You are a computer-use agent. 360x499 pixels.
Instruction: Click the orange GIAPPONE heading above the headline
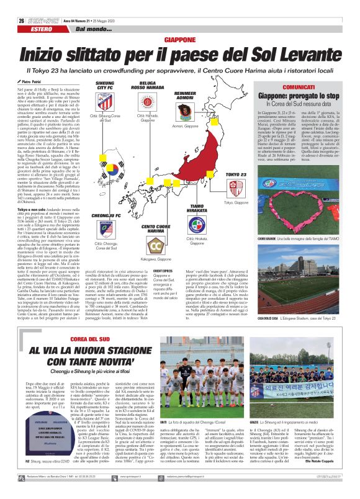[x=179, y=39]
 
